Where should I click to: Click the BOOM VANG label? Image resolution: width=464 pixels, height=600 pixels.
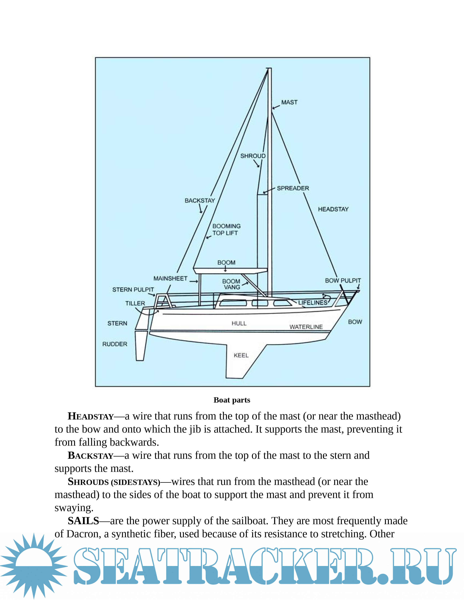(231, 284)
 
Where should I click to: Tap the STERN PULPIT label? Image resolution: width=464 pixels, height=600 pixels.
(133, 290)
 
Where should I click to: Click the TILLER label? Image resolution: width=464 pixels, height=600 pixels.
(135, 303)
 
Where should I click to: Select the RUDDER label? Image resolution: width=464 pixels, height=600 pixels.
(115, 344)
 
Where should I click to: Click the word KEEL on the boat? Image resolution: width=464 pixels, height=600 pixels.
(241, 355)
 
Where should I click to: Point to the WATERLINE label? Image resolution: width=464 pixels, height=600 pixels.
(306, 327)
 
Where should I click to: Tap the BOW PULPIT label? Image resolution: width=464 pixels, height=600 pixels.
(343, 281)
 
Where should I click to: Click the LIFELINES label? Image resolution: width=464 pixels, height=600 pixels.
(313, 303)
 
